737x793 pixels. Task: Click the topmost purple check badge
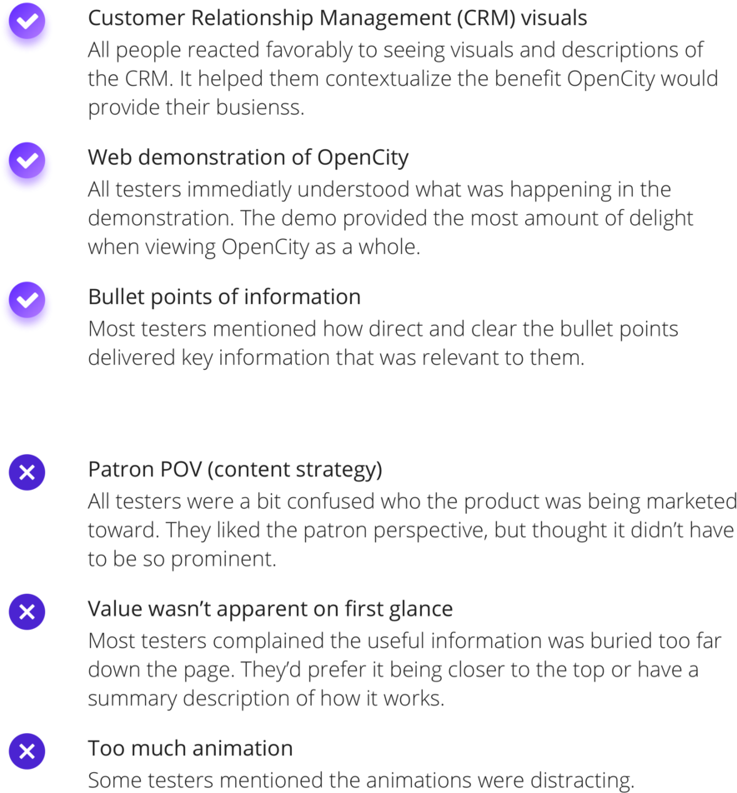[x=27, y=27]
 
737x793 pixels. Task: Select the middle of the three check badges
[x=27, y=167]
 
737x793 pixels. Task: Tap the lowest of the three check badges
[x=27, y=306]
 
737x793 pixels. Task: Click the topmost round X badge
[x=27, y=472]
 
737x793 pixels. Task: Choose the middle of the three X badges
[x=27, y=611]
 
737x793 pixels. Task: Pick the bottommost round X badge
[x=27, y=751]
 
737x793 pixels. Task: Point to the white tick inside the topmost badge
[x=28, y=21]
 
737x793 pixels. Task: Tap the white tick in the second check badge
[x=28, y=160]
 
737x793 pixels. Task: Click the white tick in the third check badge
[x=28, y=299]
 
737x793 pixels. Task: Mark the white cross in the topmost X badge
[x=27, y=472]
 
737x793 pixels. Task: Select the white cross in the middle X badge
[x=27, y=611]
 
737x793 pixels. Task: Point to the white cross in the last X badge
[x=27, y=751]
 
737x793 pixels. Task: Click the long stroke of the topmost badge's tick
[x=31, y=20]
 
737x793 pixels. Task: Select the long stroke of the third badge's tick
[x=31, y=298]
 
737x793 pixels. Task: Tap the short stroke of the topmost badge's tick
[x=22, y=22]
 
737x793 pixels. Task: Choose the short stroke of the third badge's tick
[x=22, y=300]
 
